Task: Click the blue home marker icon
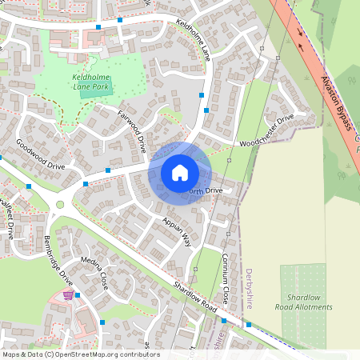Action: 180,173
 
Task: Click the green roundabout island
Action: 59,205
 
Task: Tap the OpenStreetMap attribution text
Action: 80,354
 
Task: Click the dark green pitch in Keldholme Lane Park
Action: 96,92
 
